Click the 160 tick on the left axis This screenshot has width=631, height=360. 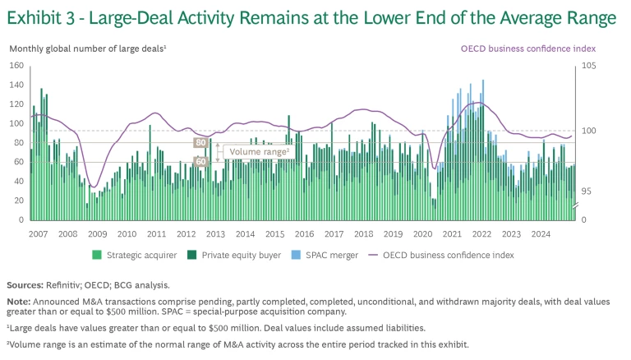point(16,65)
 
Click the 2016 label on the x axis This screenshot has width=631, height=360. point(305,233)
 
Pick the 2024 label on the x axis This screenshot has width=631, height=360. point(540,233)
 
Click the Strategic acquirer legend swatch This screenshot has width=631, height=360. point(97,255)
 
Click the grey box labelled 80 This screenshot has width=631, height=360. point(200,143)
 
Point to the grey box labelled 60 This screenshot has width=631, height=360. point(200,162)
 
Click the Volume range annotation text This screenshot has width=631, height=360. point(259,152)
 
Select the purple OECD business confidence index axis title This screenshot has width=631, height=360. point(526,48)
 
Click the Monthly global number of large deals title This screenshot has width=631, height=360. point(87,48)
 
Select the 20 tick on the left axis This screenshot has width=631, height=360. point(19,201)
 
